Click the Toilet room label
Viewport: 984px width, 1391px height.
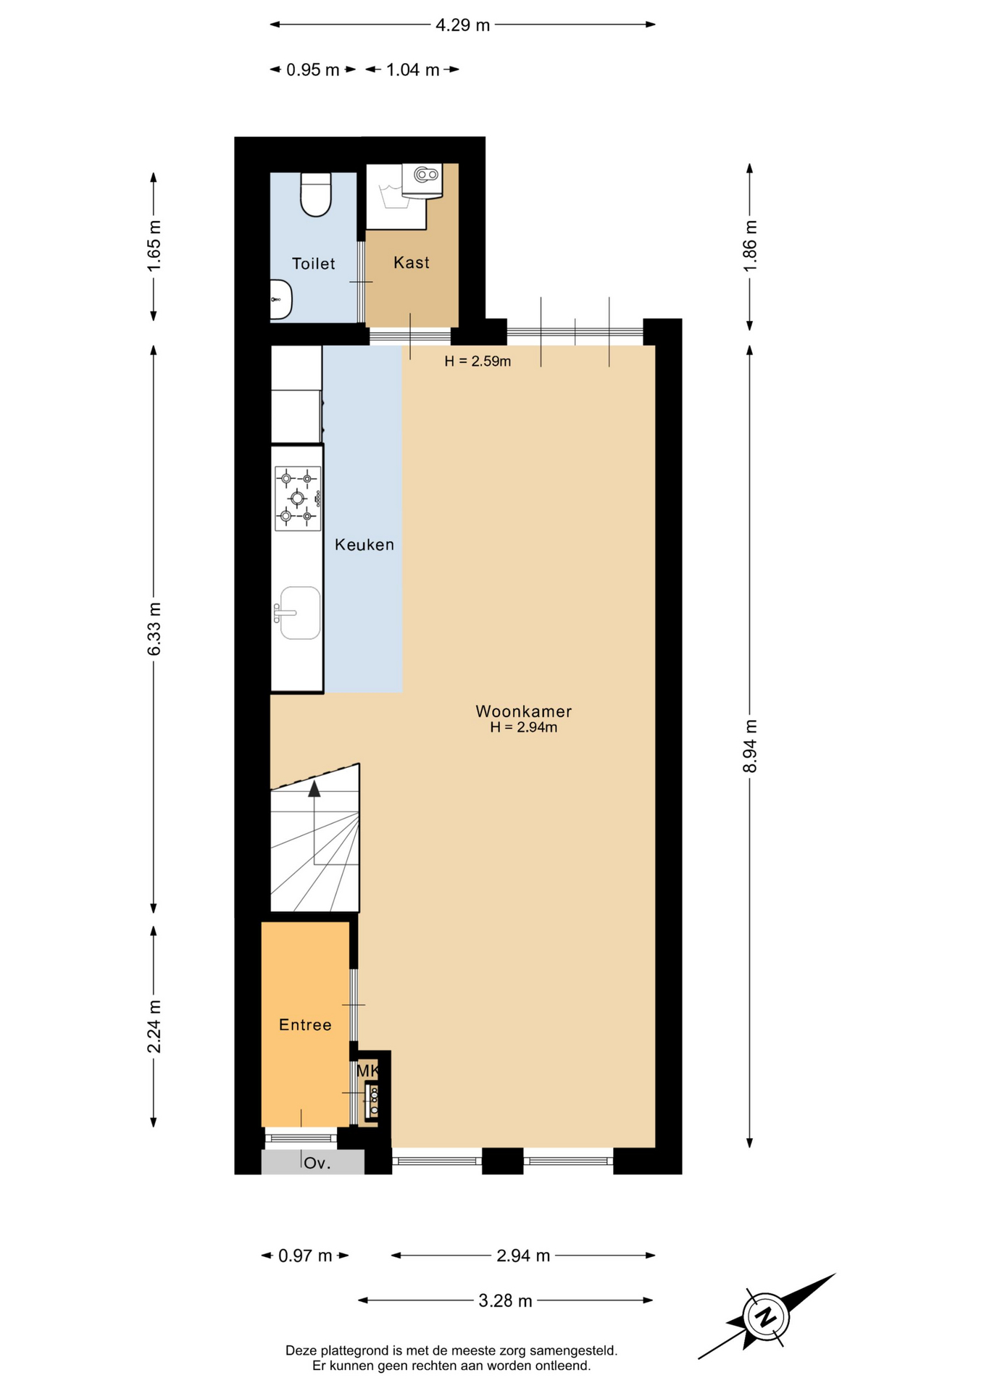313,264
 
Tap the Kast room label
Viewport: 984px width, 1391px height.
412,262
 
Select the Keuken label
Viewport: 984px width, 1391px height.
364,545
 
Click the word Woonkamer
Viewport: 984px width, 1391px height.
524,711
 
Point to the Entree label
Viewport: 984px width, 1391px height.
305,1024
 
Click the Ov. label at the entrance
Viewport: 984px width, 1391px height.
317,1164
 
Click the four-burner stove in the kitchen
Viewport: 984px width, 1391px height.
298,498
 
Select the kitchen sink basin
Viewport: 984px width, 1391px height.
300,613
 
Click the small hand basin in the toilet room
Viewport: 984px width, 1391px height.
280,299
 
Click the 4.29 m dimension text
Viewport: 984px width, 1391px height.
462,25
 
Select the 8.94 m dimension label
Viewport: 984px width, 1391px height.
750,746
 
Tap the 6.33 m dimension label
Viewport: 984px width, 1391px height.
154,629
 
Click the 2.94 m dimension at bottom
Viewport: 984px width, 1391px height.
523,1256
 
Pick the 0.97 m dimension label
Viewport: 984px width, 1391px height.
305,1256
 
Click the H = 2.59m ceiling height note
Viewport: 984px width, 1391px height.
478,361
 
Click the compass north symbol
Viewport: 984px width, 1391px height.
765,1316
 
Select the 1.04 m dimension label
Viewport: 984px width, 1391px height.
412,70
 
